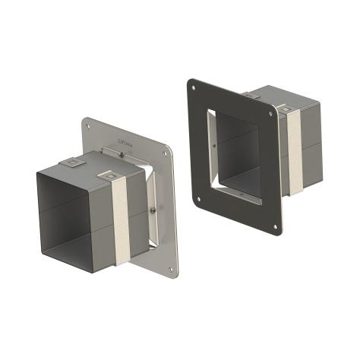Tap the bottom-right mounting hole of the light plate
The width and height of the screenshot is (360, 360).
[x=174, y=267]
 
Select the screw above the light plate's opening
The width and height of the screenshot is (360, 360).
[x=122, y=155]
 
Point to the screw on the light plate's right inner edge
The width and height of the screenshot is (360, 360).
[x=154, y=210]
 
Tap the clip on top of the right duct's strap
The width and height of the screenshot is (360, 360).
[x=286, y=110]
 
